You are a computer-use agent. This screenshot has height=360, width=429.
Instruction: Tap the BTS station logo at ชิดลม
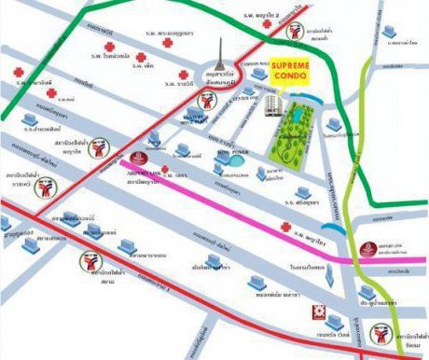click(x=382, y=331)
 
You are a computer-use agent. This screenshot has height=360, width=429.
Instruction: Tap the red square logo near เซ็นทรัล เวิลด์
click(x=318, y=312)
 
